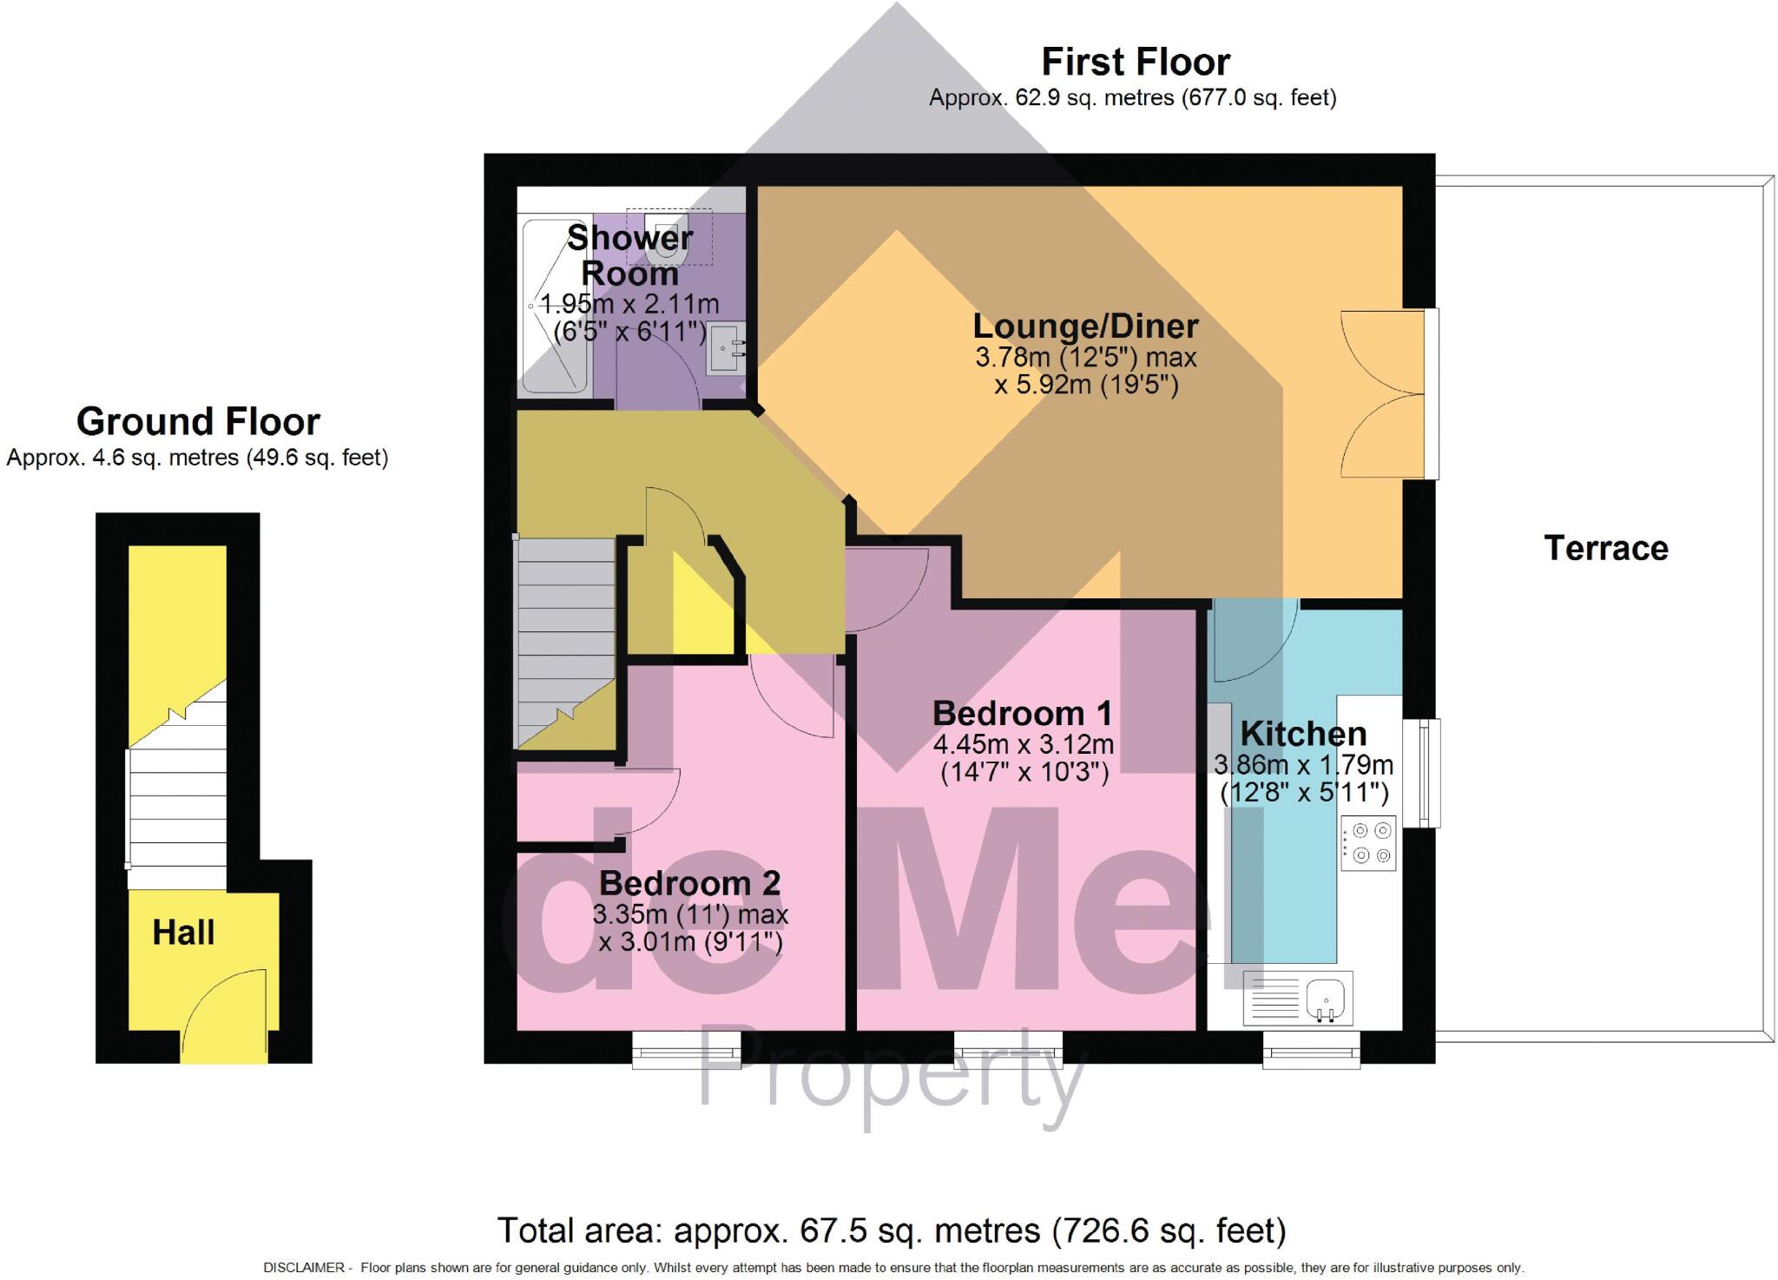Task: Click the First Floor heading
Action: pyautogui.click(x=1135, y=63)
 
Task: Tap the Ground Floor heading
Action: pyautogui.click(x=198, y=422)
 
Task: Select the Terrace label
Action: pyautogui.click(x=1605, y=548)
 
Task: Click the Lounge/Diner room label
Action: pyautogui.click(x=1085, y=327)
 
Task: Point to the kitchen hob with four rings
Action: pyautogui.click(x=1368, y=842)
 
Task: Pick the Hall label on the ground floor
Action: pyautogui.click(x=183, y=933)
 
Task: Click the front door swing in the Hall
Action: pyautogui.click(x=222, y=1012)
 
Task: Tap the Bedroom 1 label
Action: pyautogui.click(x=1021, y=714)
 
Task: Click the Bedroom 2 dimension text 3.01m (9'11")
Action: pyautogui.click(x=690, y=941)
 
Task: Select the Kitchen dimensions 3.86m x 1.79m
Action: pyautogui.click(x=1303, y=765)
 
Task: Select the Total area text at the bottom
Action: pyautogui.click(x=891, y=1231)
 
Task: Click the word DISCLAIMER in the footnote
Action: pyautogui.click(x=304, y=1268)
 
